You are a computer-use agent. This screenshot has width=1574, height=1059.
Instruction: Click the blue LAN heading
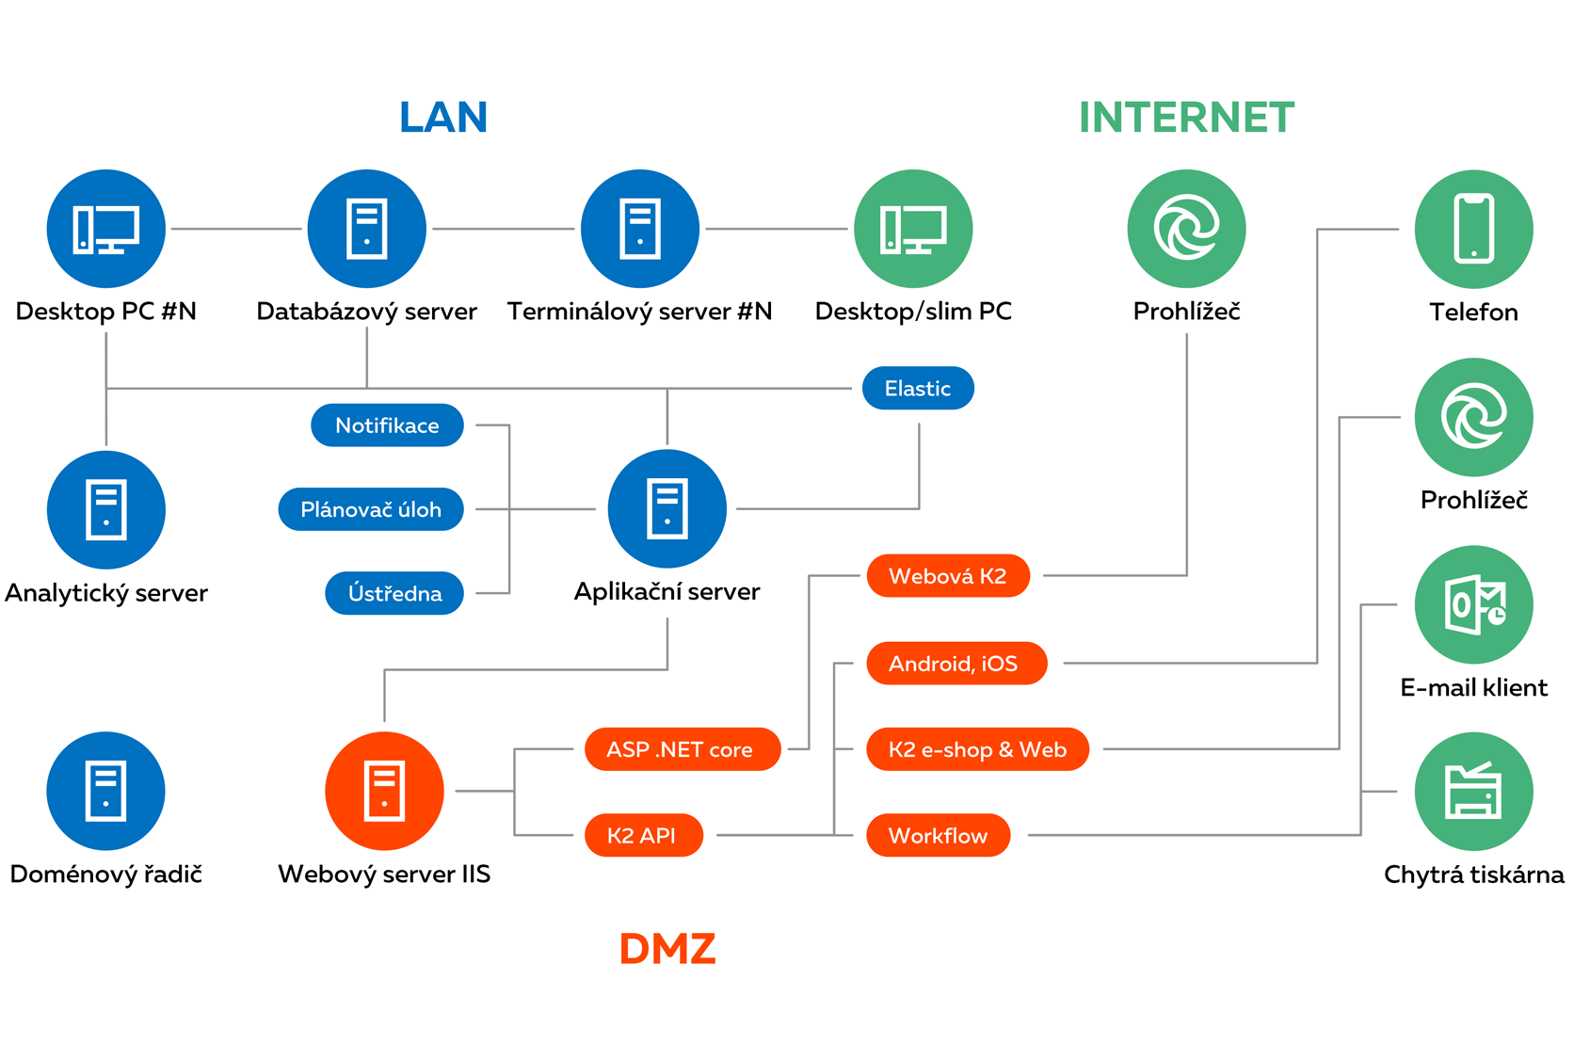(443, 118)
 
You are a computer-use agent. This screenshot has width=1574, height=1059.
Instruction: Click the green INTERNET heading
(1186, 118)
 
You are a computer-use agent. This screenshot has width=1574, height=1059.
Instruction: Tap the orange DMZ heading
(667, 949)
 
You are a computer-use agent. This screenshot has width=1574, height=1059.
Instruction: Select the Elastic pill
(918, 388)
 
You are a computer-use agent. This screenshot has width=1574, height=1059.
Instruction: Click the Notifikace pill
(387, 425)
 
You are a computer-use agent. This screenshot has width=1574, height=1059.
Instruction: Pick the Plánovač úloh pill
(371, 509)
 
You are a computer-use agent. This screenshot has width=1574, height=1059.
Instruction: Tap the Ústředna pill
(394, 593)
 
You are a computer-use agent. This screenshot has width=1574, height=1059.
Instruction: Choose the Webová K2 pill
(947, 576)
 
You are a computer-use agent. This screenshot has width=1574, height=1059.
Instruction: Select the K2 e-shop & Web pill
(977, 749)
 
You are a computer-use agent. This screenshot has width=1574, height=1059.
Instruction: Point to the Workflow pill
(938, 835)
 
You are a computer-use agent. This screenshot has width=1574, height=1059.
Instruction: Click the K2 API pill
(643, 835)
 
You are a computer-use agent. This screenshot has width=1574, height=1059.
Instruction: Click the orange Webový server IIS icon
(384, 791)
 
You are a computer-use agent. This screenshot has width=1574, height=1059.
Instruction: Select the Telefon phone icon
(1473, 229)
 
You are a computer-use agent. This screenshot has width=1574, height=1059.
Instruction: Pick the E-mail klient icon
(1473, 604)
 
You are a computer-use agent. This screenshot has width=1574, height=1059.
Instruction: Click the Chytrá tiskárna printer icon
(1473, 791)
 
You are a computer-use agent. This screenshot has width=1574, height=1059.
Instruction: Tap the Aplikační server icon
(667, 508)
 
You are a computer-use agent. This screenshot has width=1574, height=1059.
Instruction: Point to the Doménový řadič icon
(105, 791)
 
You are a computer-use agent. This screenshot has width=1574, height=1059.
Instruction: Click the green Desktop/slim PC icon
(912, 229)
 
